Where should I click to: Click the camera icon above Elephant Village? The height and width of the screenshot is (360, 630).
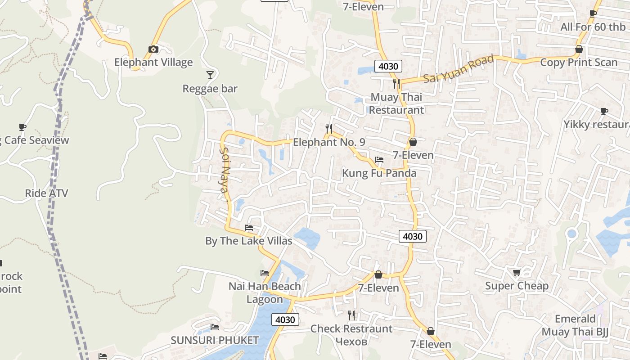click(x=153, y=49)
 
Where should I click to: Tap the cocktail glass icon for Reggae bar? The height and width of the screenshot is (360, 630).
click(x=210, y=75)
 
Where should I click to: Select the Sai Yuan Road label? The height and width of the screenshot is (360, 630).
click(x=459, y=69)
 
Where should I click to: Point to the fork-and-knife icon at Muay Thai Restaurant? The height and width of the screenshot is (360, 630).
click(x=396, y=83)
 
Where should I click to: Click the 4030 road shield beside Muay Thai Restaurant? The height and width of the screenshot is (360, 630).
click(x=388, y=67)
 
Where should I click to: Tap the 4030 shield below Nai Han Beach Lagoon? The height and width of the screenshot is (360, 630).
click(x=285, y=320)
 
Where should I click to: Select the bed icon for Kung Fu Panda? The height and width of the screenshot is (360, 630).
click(x=379, y=160)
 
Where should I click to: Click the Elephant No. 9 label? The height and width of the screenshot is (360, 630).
click(x=329, y=142)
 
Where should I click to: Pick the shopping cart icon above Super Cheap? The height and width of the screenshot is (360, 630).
click(x=517, y=272)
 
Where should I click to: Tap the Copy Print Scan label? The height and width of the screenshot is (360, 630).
click(x=579, y=62)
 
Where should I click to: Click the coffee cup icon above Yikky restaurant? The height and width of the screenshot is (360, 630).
click(x=604, y=111)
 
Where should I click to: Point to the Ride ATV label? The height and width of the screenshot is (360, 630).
click(x=46, y=193)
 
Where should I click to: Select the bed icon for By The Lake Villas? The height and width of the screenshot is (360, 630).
click(x=249, y=228)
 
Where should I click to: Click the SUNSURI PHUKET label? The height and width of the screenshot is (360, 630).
click(x=215, y=340)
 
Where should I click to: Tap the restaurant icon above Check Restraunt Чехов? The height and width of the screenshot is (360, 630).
click(x=351, y=315)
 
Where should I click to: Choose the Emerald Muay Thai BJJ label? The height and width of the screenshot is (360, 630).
click(x=575, y=325)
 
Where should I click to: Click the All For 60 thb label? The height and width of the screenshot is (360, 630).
click(x=593, y=27)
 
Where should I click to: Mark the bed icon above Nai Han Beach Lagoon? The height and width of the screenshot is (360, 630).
click(x=265, y=273)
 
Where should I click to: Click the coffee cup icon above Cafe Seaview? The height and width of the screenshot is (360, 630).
click(x=22, y=127)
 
